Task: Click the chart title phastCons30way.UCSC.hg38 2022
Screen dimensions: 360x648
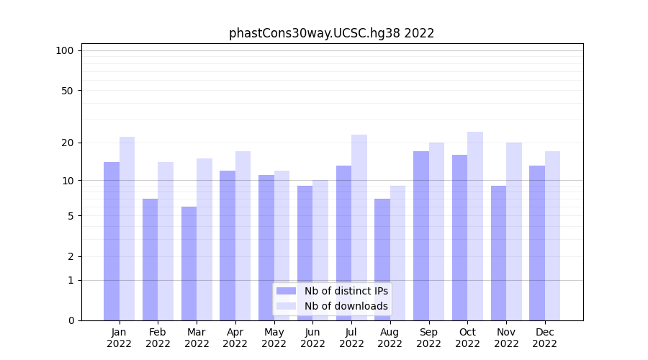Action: click(331, 33)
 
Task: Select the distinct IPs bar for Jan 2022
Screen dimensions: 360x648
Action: click(112, 241)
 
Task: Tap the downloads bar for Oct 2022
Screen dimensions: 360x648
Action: click(475, 226)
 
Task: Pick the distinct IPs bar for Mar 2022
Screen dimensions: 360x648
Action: click(189, 264)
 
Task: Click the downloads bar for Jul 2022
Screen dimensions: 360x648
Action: click(359, 228)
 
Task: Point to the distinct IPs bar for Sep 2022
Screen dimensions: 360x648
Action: click(421, 235)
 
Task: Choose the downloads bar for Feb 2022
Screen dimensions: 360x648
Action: click(166, 241)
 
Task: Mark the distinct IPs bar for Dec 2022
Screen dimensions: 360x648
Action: click(537, 243)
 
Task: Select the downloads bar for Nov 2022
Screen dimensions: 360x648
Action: click(514, 231)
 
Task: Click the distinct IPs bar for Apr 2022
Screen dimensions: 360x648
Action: click(228, 246)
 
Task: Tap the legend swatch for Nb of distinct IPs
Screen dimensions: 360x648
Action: click(286, 291)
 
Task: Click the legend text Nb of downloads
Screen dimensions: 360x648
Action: click(346, 306)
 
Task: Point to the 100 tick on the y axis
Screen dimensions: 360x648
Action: click(65, 50)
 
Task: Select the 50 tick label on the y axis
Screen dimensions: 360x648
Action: click(67, 91)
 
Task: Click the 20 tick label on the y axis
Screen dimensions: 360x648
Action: click(67, 143)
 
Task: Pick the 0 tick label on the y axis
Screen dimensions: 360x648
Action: click(71, 320)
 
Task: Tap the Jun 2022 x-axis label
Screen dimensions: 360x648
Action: click(312, 338)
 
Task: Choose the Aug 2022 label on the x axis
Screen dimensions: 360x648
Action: click(390, 338)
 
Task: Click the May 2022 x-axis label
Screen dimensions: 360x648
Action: click(274, 338)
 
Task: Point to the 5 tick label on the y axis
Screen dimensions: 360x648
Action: click(71, 216)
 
